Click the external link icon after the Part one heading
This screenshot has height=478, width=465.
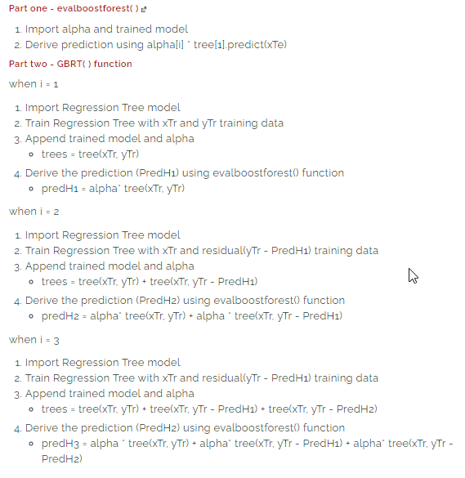coord(144,9)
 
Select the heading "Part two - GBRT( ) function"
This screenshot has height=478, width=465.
coord(70,64)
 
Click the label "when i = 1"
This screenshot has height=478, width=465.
coord(34,84)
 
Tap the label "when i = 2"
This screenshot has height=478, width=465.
coord(34,212)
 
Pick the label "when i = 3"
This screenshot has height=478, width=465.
coord(34,339)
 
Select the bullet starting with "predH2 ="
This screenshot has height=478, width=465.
coord(191,316)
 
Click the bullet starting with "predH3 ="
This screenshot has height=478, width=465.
coord(245,444)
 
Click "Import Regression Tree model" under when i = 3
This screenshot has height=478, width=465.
coord(102,363)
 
